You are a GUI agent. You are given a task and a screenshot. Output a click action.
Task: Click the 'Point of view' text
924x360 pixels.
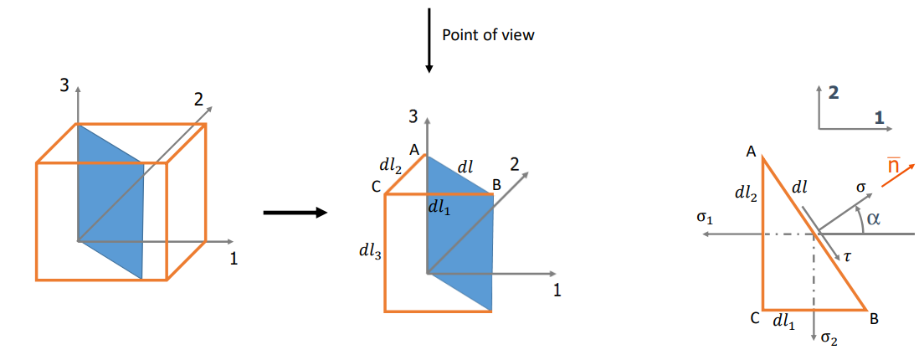[488, 34]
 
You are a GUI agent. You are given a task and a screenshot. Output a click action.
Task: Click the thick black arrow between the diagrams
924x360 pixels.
[295, 213]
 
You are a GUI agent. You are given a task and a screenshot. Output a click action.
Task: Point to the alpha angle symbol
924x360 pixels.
[875, 219]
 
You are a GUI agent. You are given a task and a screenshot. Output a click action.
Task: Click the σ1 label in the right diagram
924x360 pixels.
[704, 218]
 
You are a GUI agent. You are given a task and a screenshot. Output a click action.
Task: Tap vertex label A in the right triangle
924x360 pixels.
[751, 152]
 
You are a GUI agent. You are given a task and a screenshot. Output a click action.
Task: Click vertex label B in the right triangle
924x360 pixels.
[874, 318]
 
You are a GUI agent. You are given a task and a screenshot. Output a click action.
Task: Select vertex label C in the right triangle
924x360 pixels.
[754, 319]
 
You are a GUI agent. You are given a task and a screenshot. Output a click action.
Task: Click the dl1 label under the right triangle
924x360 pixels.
[783, 319]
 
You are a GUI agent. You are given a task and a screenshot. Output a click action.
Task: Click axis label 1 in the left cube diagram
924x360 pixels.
[234, 260]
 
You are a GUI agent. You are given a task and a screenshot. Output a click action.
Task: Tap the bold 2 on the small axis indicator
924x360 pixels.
[832, 93]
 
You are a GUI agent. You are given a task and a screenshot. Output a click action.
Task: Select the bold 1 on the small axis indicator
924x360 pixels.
[878, 117]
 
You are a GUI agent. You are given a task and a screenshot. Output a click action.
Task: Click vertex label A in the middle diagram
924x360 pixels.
[414, 149]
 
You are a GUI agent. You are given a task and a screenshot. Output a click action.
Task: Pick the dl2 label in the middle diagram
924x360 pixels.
[391, 168]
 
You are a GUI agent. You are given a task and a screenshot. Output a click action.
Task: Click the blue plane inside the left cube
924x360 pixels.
[110, 201]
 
